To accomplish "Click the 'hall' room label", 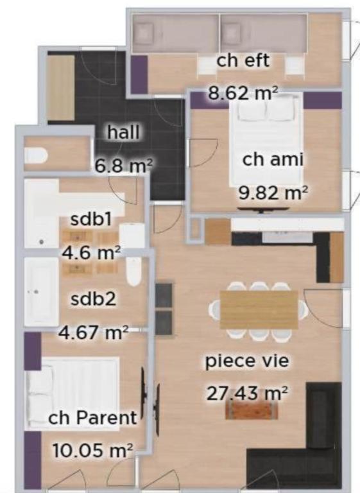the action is [123, 132].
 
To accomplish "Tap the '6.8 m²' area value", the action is [124, 166].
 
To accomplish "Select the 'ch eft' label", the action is [243, 60].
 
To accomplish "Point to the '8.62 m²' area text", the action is [243, 93].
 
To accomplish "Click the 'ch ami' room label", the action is [273, 159].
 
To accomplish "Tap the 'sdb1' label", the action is [91, 219].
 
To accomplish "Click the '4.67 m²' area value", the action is [94, 332].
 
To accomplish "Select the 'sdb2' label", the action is [94, 298].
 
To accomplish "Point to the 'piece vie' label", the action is [247, 361].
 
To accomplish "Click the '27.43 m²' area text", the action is [247, 393].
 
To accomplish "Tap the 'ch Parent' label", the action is [92, 417].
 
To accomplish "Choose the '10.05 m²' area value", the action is [92, 450].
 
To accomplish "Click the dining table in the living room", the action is [259, 309].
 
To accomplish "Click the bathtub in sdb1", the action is [42, 213].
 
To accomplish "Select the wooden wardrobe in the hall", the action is [61, 88].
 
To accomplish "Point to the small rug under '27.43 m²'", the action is [252, 410].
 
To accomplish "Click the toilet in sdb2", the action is [133, 271].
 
